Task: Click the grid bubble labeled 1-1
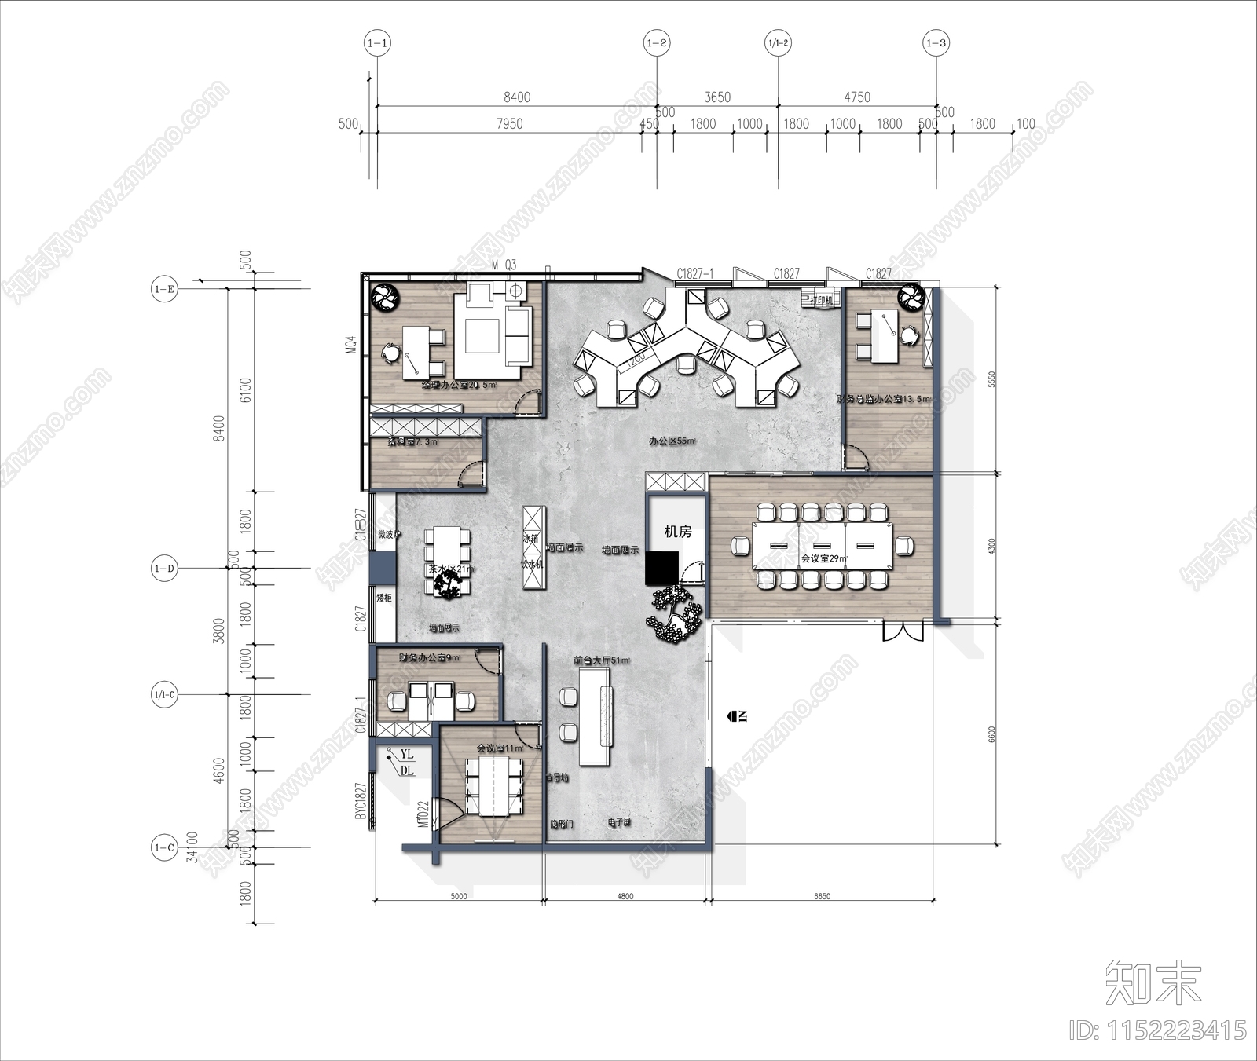pyautogui.click(x=377, y=43)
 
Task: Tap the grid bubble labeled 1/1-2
pyautogui.click(x=778, y=43)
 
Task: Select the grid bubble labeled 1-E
pyautogui.click(x=164, y=289)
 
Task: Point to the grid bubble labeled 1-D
pyautogui.click(x=164, y=568)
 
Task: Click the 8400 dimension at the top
pyautogui.click(x=516, y=97)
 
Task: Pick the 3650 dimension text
pyautogui.click(x=716, y=97)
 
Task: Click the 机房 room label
pyautogui.click(x=677, y=532)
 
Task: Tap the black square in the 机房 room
pyautogui.click(x=661, y=568)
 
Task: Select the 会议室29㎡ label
pyautogui.click(x=823, y=559)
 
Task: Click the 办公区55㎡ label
pyautogui.click(x=672, y=441)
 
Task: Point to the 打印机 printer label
pyautogui.click(x=821, y=300)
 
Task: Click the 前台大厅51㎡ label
pyautogui.click(x=601, y=660)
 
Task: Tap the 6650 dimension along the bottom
pyautogui.click(x=822, y=896)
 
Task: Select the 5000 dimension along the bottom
pyautogui.click(x=458, y=896)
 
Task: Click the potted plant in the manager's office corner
pyautogui.click(x=386, y=296)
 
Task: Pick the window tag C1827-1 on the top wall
pyautogui.click(x=695, y=273)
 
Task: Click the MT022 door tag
pyautogui.click(x=423, y=814)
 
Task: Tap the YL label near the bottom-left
pyautogui.click(x=406, y=754)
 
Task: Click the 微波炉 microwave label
pyautogui.click(x=389, y=535)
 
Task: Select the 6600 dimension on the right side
pyautogui.click(x=991, y=734)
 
